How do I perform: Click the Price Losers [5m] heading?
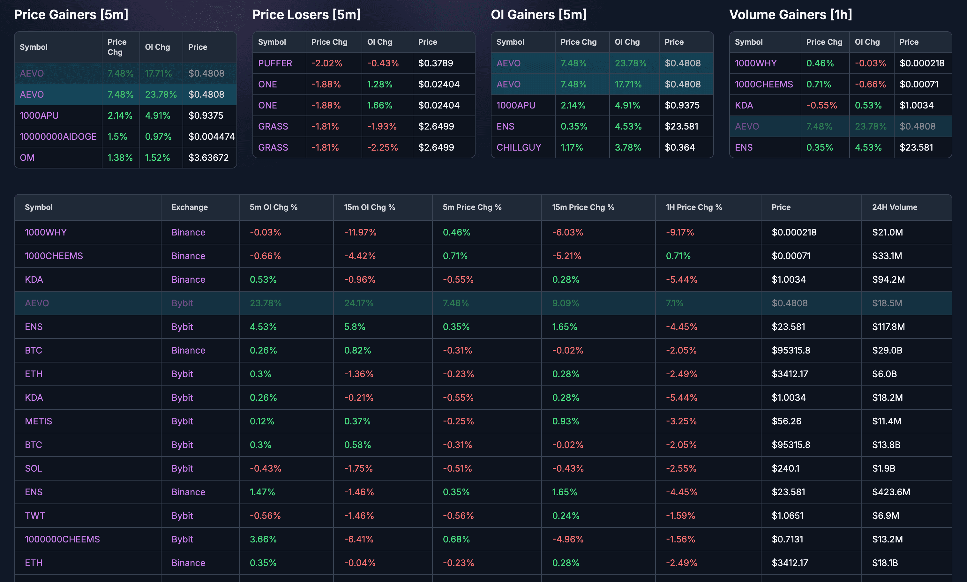tap(306, 14)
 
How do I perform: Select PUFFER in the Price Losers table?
tap(275, 63)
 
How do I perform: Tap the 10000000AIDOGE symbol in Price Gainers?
tap(58, 137)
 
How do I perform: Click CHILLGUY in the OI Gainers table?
tap(518, 147)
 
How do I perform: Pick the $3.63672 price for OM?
tap(208, 158)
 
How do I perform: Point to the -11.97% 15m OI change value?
tap(360, 232)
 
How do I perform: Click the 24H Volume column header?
tap(895, 207)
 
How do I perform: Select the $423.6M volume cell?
tap(891, 492)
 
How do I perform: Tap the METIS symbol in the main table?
tap(38, 421)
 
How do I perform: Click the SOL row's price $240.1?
tap(785, 468)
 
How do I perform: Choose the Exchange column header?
tap(189, 207)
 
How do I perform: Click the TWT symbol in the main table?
tap(35, 515)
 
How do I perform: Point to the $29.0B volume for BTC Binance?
tap(887, 350)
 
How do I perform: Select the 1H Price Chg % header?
tap(694, 207)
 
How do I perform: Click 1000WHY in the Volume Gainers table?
tap(755, 63)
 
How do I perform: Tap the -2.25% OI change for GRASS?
tap(382, 147)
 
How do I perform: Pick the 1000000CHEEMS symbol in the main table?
tap(62, 539)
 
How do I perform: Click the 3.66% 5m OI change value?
tap(263, 539)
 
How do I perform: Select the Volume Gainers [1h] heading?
tap(790, 14)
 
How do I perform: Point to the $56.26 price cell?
tap(786, 421)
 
